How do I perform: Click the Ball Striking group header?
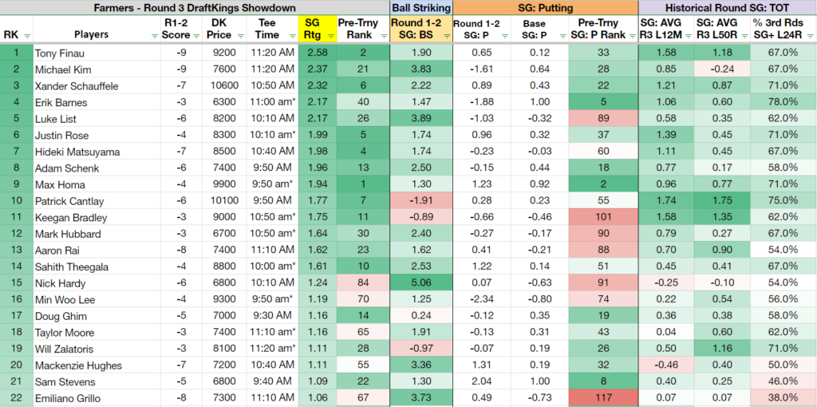(x=421, y=7)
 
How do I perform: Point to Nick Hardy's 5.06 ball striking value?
(x=421, y=283)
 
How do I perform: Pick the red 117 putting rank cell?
(x=603, y=399)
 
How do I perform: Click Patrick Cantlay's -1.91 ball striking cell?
(x=421, y=201)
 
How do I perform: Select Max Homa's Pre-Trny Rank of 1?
(x=363, y=184)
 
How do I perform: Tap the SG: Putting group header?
(x=546, y=7)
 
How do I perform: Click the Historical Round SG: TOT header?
(x=728, y=7)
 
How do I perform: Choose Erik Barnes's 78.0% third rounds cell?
(x=783, y=102)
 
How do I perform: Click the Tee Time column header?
(x=270, y=30)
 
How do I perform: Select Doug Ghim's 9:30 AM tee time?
(x=270, y=316)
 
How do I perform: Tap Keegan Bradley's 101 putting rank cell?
(x=603, y=217)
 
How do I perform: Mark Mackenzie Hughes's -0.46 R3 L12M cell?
(x=667, y=366)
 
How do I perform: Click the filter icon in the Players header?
(x=154, y=36)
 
